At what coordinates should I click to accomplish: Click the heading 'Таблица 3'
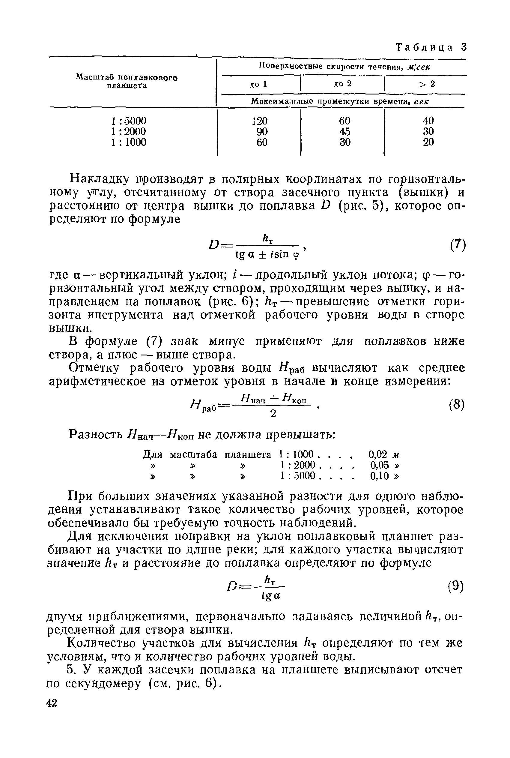[x=431, y=47]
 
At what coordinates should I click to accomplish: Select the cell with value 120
[x=260, y=121]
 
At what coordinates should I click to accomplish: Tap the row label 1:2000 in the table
[x=129, y=131]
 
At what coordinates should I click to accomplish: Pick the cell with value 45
[x=344, y=131]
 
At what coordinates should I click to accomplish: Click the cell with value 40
[x=428, y=121]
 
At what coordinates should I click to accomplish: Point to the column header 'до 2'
[x=342, y=84]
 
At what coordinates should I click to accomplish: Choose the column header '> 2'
[x=427, y=84]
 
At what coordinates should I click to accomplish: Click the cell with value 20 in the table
[x=428, y=142]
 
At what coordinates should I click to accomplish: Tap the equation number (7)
[x=458, y=245]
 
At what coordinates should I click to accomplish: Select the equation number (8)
[x=457, y=405]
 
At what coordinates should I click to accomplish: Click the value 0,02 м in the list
[x=383, y=454]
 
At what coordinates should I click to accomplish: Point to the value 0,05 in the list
[x=380, y=465]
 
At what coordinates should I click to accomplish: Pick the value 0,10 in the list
[x=380, y=476]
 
